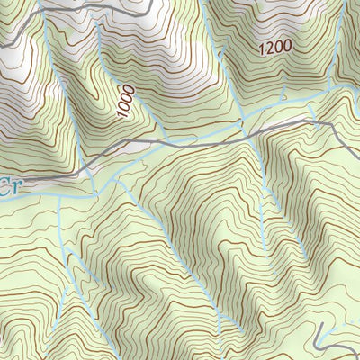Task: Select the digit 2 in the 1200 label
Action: pyautogui.click(x=267, y=48)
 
